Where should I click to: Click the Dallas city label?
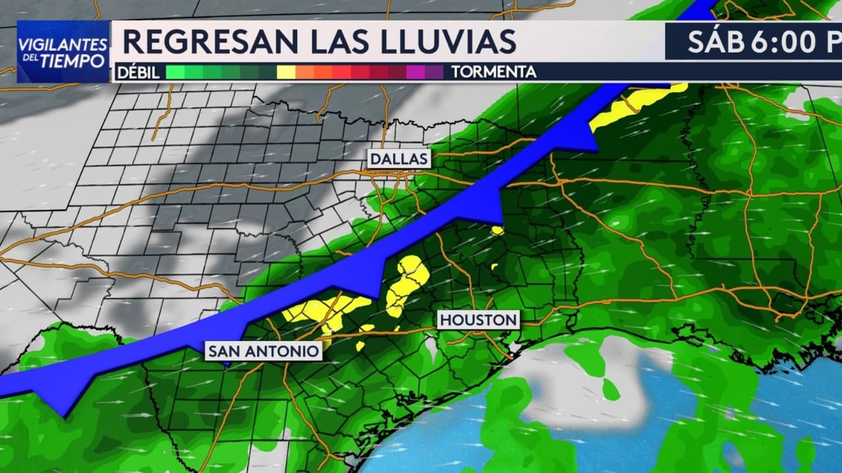399,158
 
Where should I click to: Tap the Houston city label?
478,320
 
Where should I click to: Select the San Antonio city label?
264,351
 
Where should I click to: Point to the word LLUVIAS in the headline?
449,42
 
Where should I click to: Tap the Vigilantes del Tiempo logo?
63,52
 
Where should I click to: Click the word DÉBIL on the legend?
138,72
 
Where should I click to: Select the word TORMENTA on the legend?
493,72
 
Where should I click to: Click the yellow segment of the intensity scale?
286,72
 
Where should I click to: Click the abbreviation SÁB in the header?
715,42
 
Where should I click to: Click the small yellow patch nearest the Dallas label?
497,231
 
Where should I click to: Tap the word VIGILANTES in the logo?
63,43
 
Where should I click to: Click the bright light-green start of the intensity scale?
175,72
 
